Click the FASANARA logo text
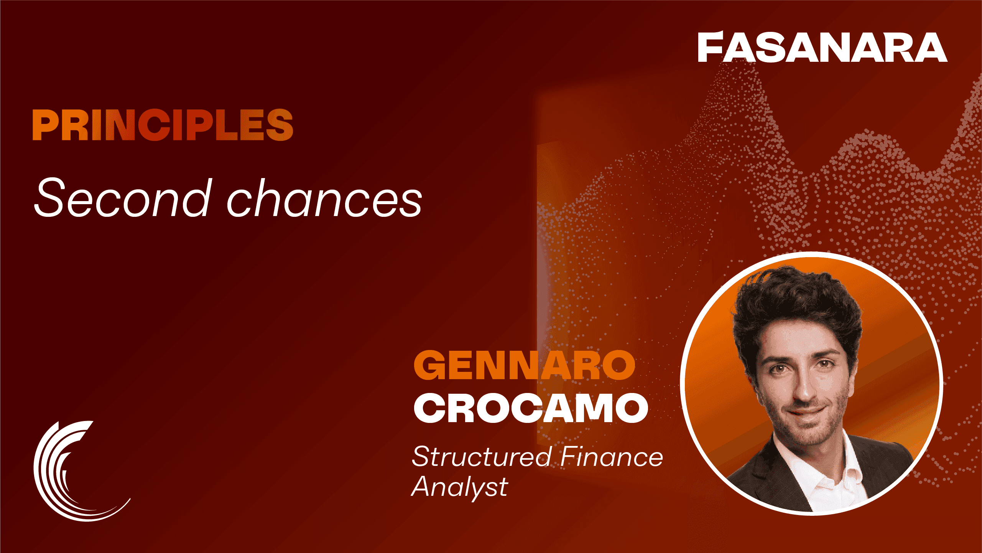coord(822,47)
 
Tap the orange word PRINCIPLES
coord(163,125)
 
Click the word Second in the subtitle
coord(123,197)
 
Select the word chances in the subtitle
coord(324,197)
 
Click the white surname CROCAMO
coord(531,408)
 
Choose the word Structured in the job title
coord(482,457)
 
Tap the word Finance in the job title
coord(612,457)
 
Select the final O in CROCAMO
coord(632,408)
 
